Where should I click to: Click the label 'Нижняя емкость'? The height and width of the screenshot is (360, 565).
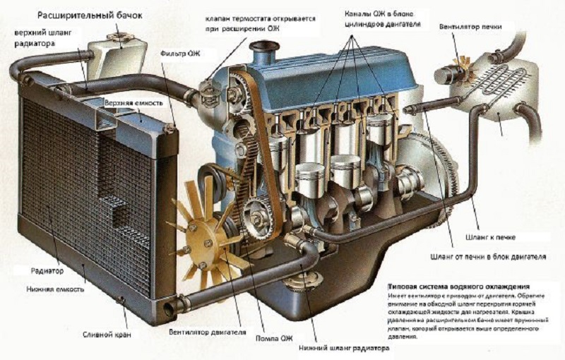[56, 289]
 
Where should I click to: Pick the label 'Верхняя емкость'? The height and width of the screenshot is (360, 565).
[133, 103]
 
